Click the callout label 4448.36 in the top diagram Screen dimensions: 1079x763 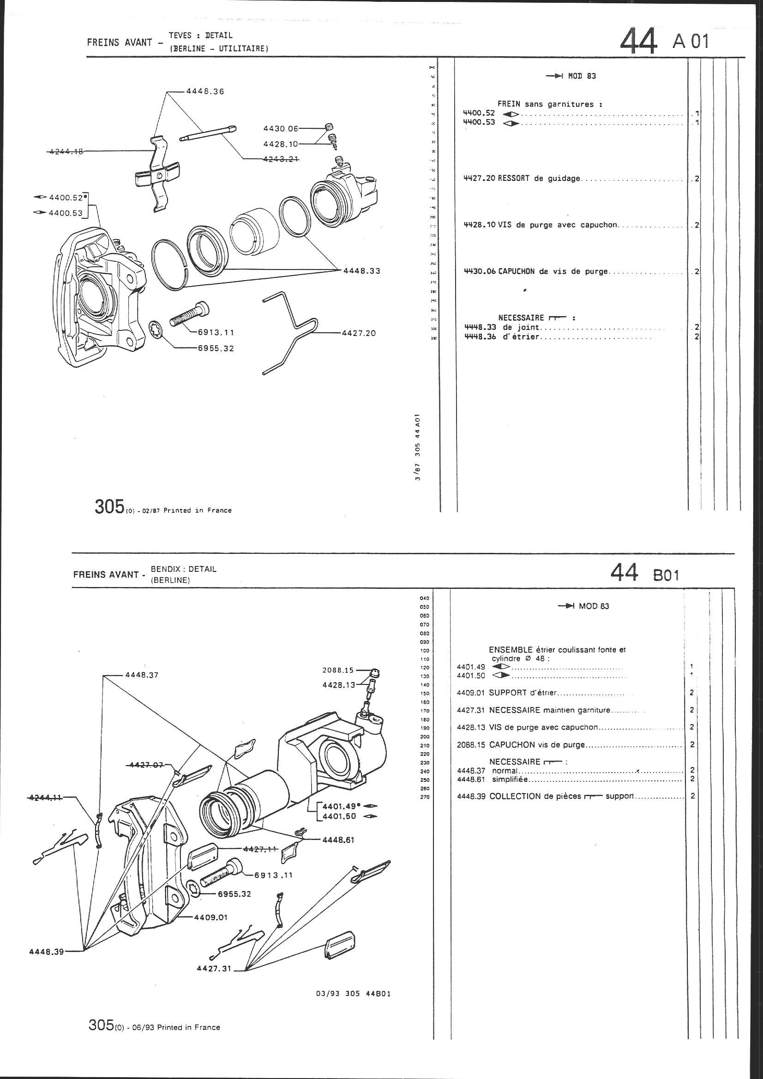(x=205, y=92)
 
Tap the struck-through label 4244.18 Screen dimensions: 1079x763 (x=66, y=151)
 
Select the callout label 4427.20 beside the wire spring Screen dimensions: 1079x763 (x=359, y=333)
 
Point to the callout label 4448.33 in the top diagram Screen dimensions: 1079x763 (x=361, y=271)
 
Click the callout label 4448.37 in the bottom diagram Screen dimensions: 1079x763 (x=142, y=675)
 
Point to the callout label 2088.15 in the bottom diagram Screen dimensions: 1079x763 (x=338, y=671)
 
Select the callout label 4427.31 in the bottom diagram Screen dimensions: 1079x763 (x=214, y=969)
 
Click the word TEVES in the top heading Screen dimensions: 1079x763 (x=179, y=35)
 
